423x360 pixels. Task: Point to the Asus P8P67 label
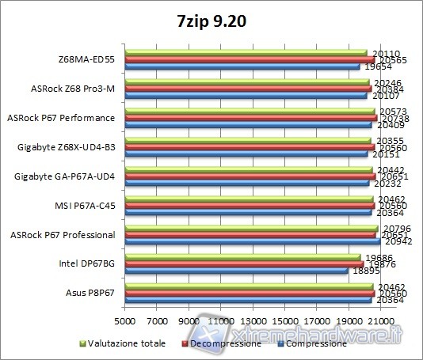click(x=90, y=293)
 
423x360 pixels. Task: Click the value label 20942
click(x=391, y=241)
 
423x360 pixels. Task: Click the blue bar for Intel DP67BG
click(x=235, y=271)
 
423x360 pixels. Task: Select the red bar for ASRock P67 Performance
click(x=250, y=118)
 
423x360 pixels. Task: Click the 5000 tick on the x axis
click(x=124, y=320)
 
